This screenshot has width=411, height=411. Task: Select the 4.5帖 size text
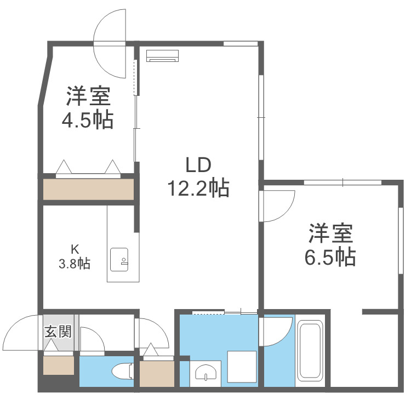tap(88, 119)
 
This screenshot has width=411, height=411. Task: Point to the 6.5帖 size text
tap(330, 256)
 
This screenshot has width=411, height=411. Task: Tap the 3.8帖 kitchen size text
tap(75, 264)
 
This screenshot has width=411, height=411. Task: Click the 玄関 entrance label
tap(58, 332)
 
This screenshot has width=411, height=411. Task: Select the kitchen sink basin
tap(119, 259)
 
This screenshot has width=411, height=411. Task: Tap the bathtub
tap(310, 351)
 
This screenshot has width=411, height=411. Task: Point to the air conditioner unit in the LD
tap(163, 56)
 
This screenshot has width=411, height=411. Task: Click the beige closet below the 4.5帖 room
tap(88, 190)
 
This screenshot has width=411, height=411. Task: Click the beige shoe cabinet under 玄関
tap(59, 364)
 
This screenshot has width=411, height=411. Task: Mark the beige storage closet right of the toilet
tap(157, 373)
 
